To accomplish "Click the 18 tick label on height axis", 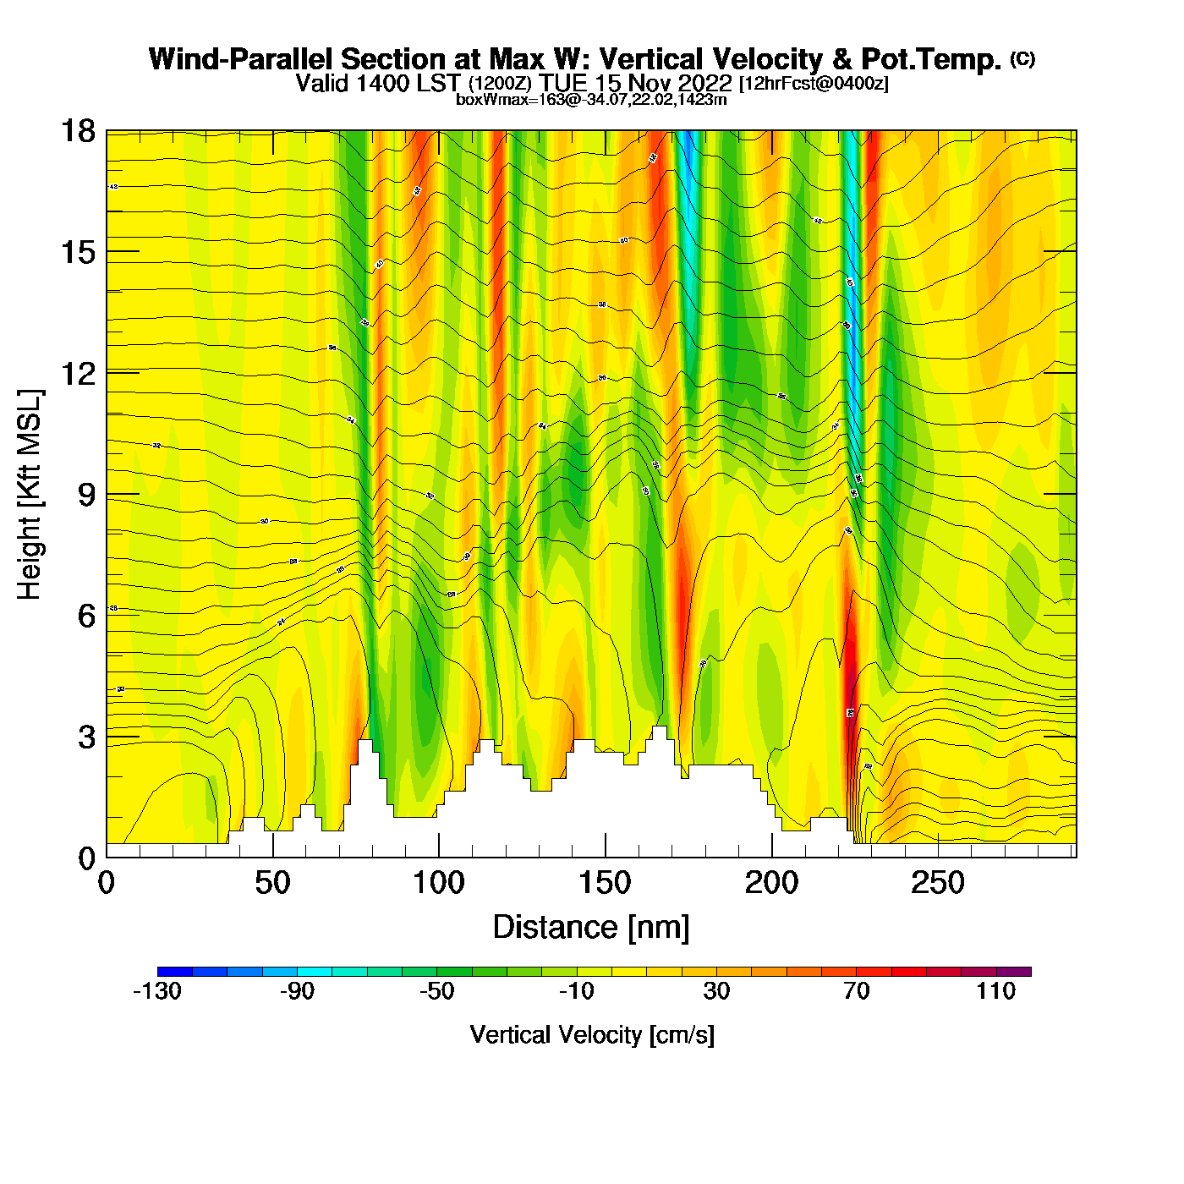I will (78, 131).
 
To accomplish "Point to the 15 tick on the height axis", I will (78, 252).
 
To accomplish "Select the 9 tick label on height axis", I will (87, 495).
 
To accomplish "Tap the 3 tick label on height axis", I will (87, 737).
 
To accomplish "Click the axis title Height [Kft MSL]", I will (30, 495).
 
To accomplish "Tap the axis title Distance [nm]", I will (591, 928).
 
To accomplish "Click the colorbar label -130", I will (157, 991).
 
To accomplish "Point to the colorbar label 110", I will (995, 991).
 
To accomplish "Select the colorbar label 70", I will (856, 991).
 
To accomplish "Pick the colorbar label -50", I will (436, 991).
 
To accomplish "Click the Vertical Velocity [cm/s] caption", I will (591, 1035).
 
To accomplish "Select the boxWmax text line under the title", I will (591, 99).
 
